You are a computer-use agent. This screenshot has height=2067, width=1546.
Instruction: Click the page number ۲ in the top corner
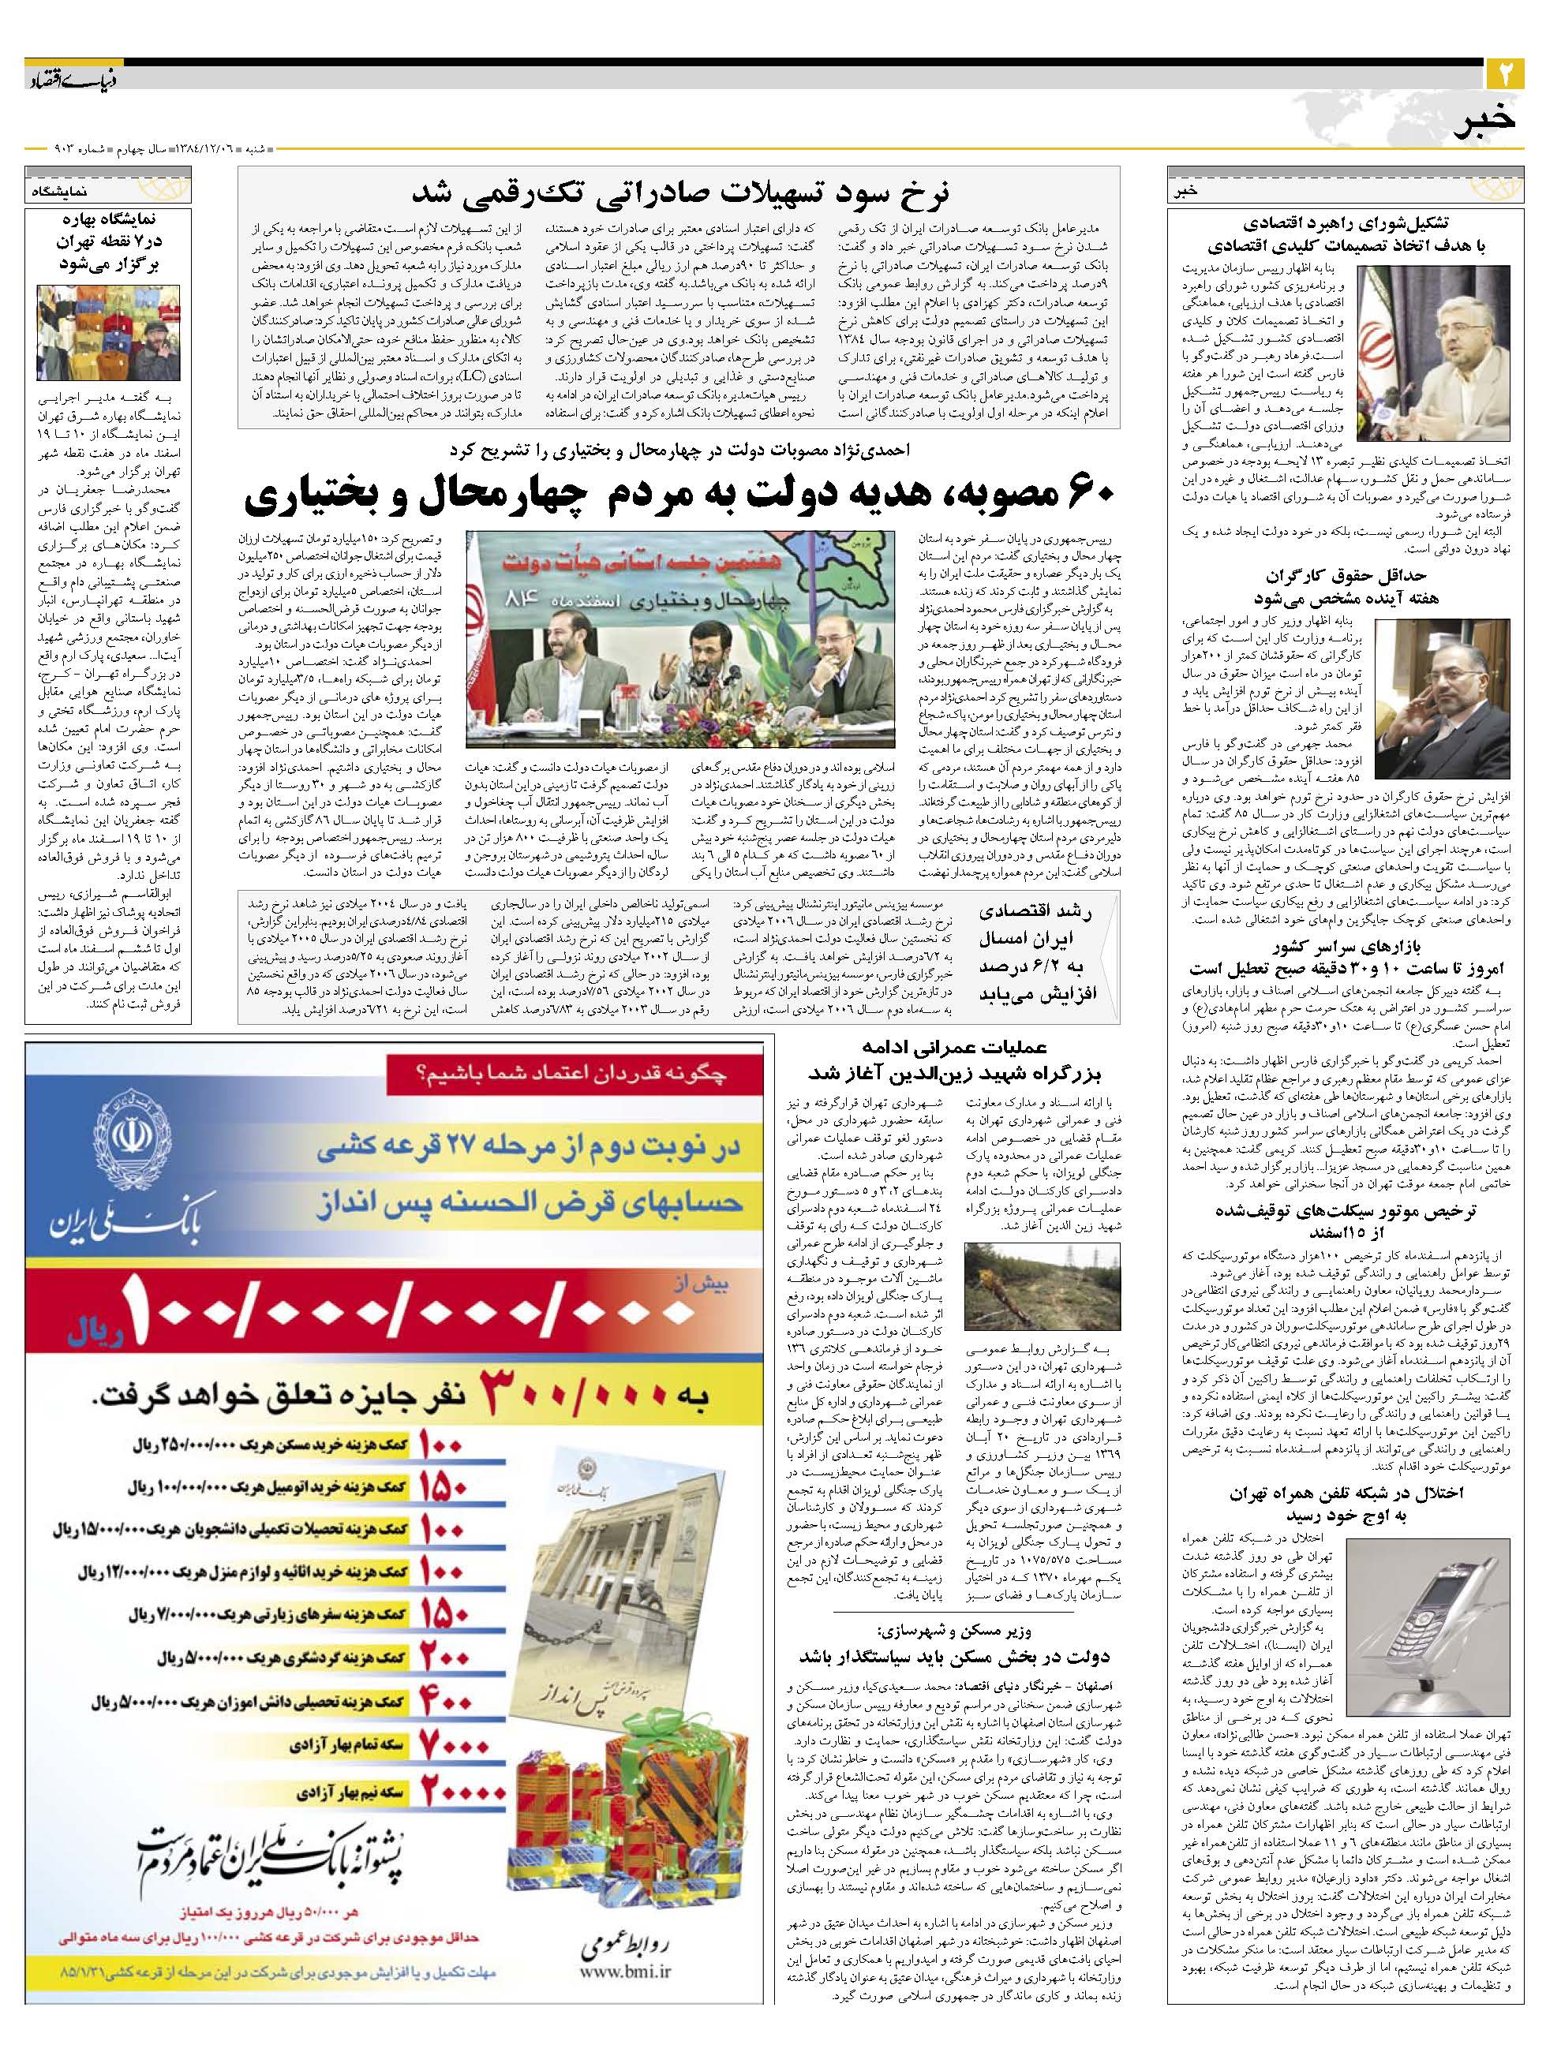point(1505,70)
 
